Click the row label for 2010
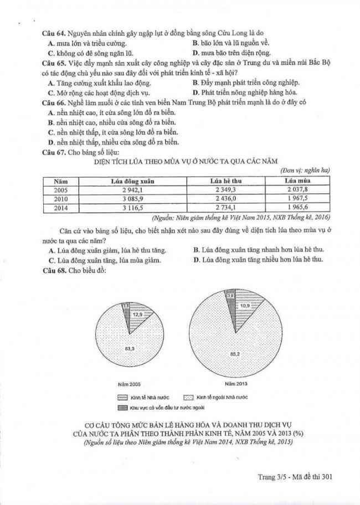(x=61, y=199)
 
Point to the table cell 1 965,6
(x=298, y=208)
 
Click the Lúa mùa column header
(x=298, y=181)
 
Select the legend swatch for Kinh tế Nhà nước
(x=122, y=398)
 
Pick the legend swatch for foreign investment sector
(x=122, y=407)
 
